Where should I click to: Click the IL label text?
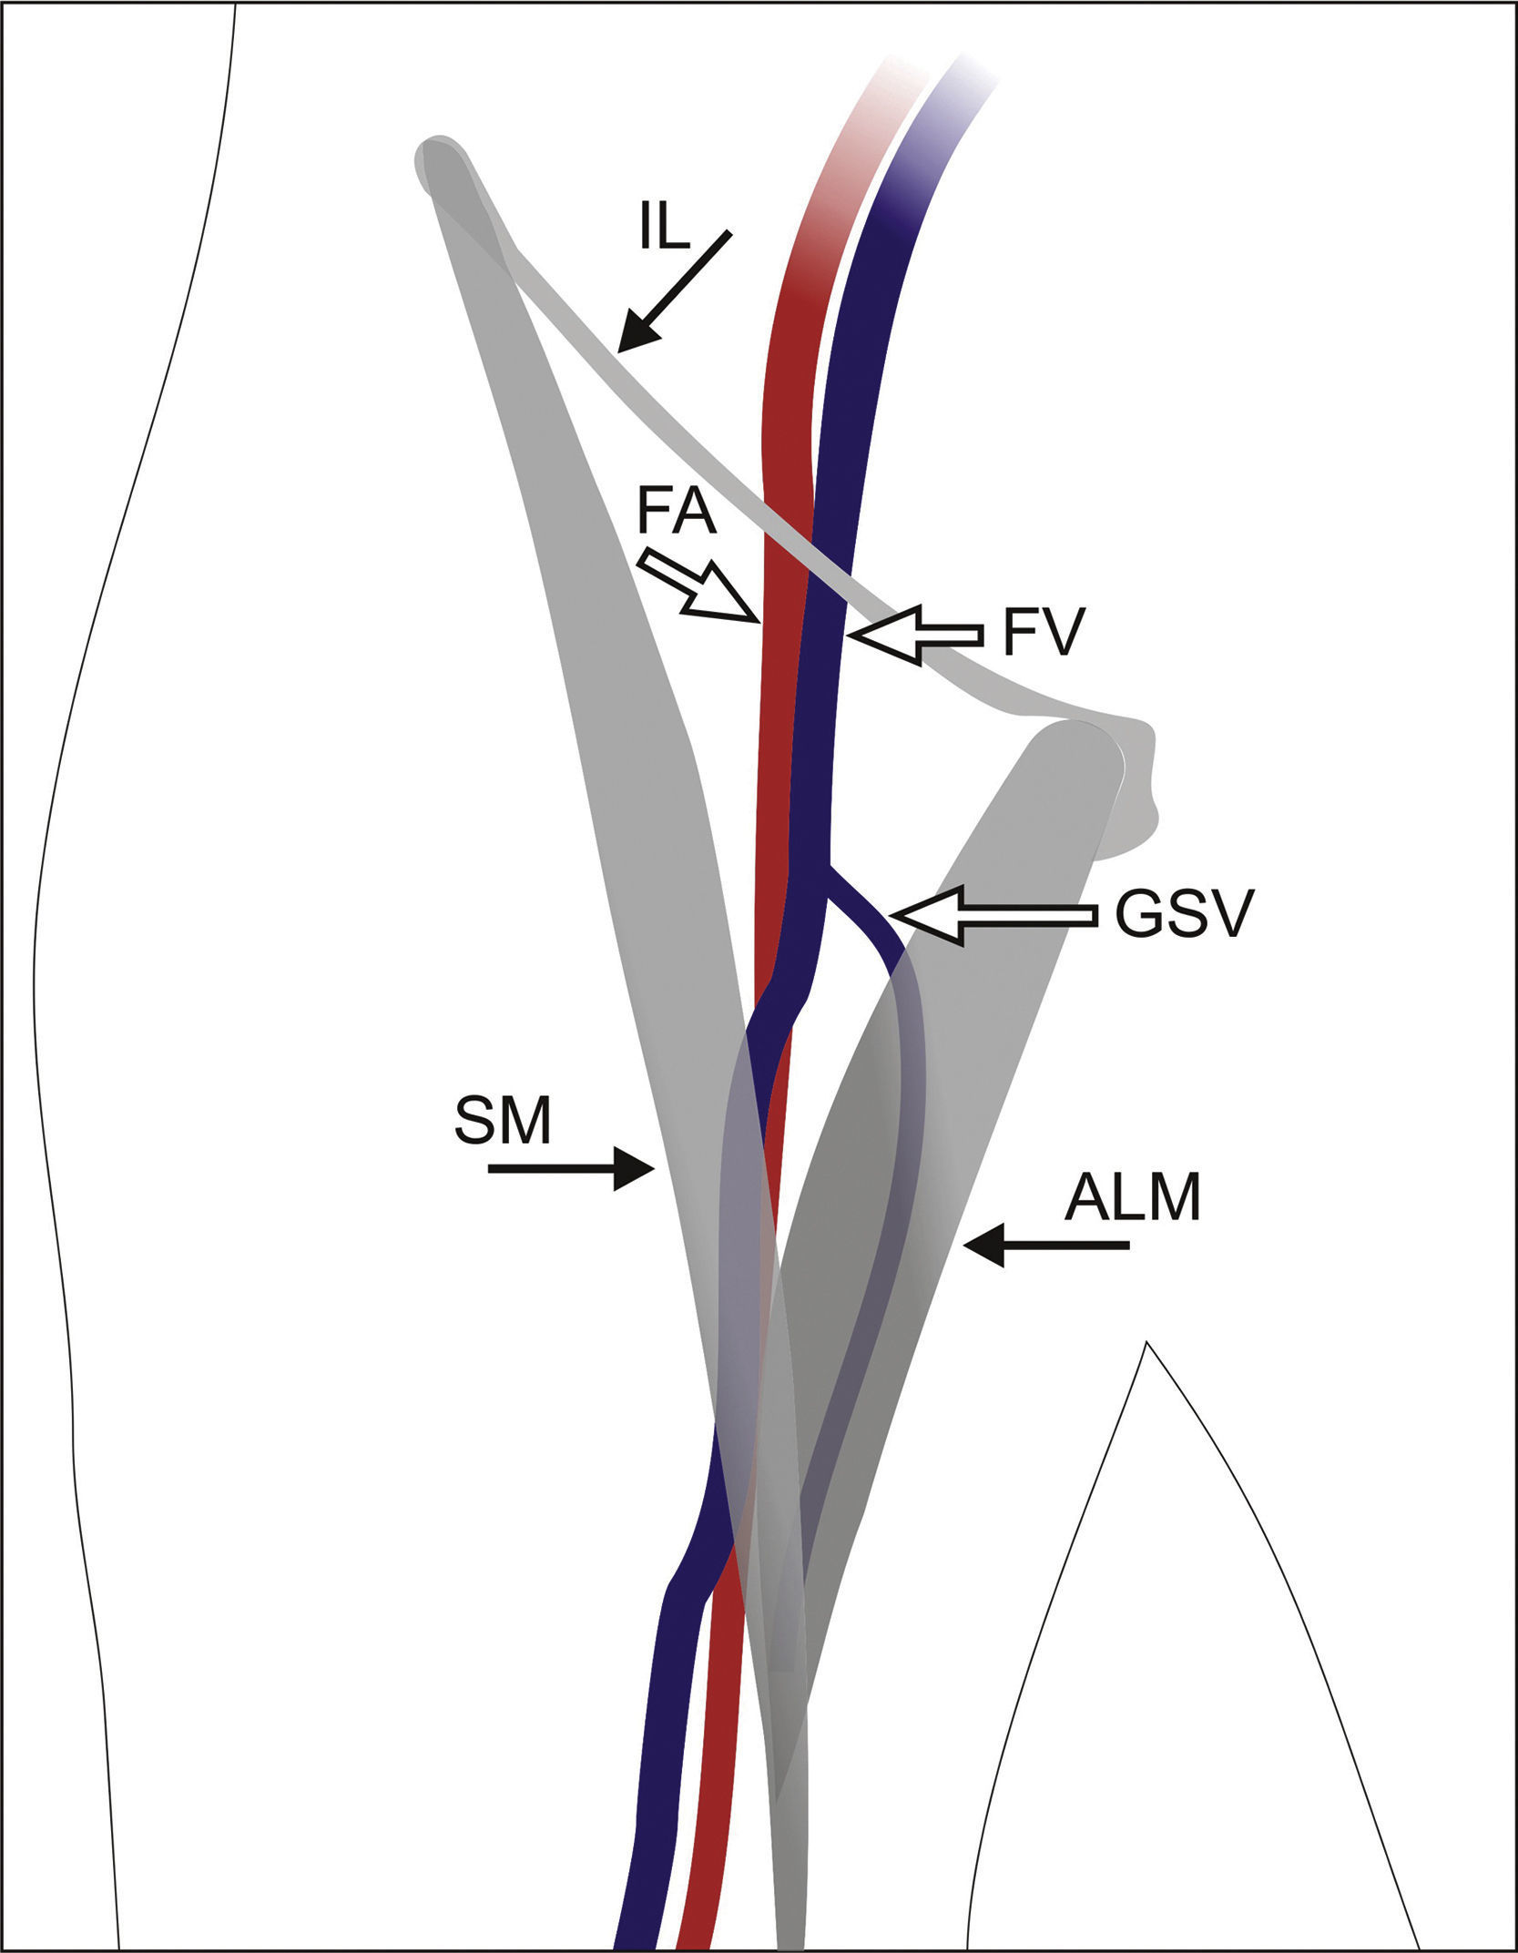(x=664, y=229)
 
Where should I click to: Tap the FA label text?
(x=677, y=513)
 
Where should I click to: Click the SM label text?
(x=503, y=1122)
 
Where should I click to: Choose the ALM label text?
(x=1133, y=1198)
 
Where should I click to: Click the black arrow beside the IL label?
(x=674, y=290)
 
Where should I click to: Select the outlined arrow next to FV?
(x=914, y=634)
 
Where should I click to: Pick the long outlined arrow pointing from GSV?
(x=993, y=916)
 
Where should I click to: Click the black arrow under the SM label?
(x=572, y=1168)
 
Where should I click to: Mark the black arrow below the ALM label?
(x=1045, y=1245)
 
